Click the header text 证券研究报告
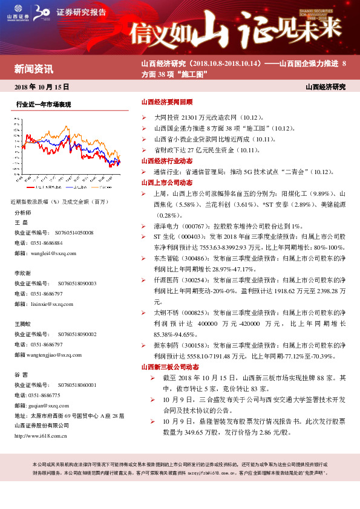[80, 12]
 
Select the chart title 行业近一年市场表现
[44, 105]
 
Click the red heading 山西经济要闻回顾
[166, 103]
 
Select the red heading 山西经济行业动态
[166, 161]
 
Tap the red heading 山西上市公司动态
[166, 182]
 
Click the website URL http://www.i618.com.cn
[41, 435]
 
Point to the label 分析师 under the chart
[22, 213]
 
